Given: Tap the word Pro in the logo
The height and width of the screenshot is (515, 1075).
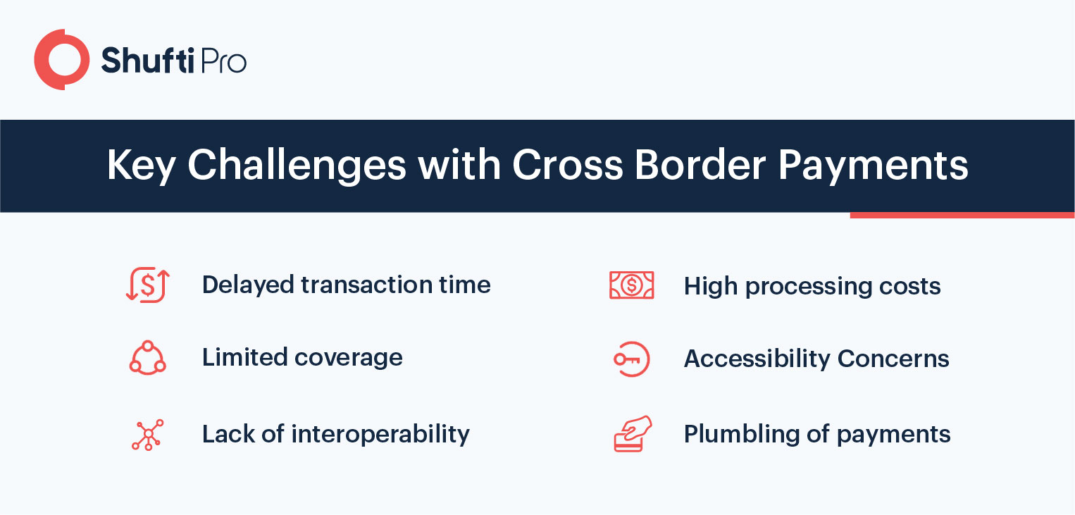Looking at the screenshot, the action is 223,61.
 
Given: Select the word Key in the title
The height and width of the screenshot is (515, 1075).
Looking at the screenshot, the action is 141,166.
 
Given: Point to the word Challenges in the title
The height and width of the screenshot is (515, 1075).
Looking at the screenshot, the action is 297,166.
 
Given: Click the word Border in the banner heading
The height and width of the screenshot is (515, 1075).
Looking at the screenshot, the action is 700,165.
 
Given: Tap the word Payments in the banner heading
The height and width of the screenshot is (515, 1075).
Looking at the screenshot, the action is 873,166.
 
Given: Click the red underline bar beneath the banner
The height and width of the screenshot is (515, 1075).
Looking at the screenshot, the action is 962,215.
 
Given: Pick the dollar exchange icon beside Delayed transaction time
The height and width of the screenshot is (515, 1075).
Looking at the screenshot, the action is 148,285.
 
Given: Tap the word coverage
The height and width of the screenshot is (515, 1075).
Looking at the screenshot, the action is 349,358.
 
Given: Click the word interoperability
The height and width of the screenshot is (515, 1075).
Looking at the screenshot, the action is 380,435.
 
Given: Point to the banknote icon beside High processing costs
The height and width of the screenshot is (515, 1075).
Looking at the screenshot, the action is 632,285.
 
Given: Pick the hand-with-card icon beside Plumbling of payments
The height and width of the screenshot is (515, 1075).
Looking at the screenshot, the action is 633,434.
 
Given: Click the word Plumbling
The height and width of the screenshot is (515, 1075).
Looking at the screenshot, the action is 742,435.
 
